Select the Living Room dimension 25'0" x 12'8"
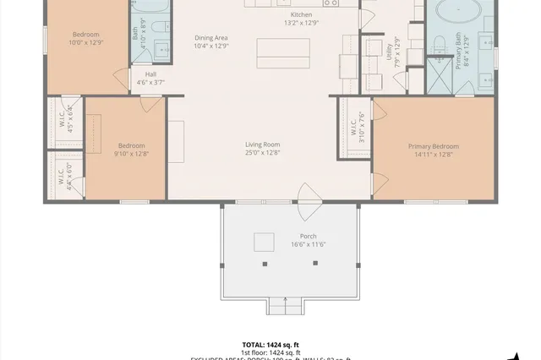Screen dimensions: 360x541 tap(262, 153)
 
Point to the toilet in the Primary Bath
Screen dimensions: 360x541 tap(439, 44)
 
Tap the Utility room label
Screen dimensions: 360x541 tap(391, 52)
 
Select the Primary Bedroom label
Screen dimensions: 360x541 tap(434, 150)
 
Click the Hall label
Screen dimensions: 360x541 tap(150, 78)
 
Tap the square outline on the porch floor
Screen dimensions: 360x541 tap(265, 243)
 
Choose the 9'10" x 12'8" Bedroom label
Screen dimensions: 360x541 tap(130, 150)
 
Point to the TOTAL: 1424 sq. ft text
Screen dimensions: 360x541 tap(270, 345)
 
